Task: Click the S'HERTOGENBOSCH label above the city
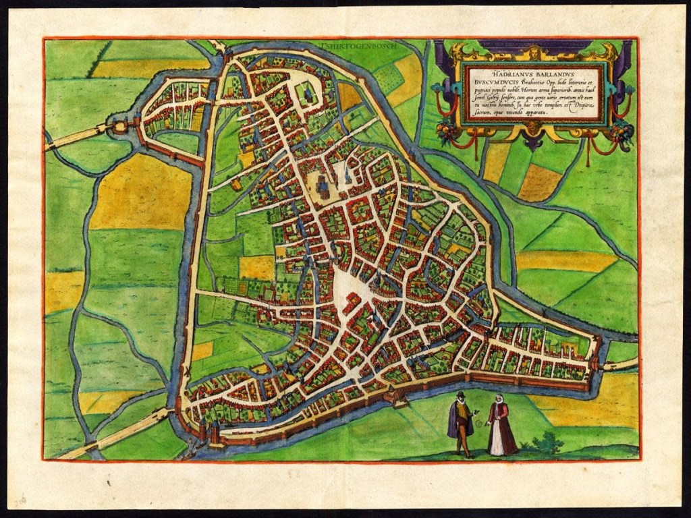[x=350, y=49]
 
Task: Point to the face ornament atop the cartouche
[x=533, y=51]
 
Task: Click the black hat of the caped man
[x=461, y=395]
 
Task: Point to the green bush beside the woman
[x=548, y=444]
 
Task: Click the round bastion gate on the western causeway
[x=120, y=127]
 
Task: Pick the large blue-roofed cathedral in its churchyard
[x=323, y=185]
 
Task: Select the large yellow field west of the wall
[x=139, y=192]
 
